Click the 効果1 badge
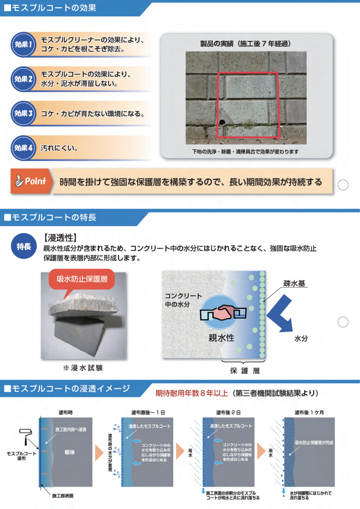click(23, 45)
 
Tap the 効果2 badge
click(23, 79)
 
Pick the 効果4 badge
click(23, 148)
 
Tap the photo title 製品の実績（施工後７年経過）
click(245, 44)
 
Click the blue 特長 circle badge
click(23, 246)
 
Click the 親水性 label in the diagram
click(221, 338)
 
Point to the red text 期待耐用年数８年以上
click(191, 393)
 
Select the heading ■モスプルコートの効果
click(50, 7)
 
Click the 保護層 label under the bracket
click(245, 370)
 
